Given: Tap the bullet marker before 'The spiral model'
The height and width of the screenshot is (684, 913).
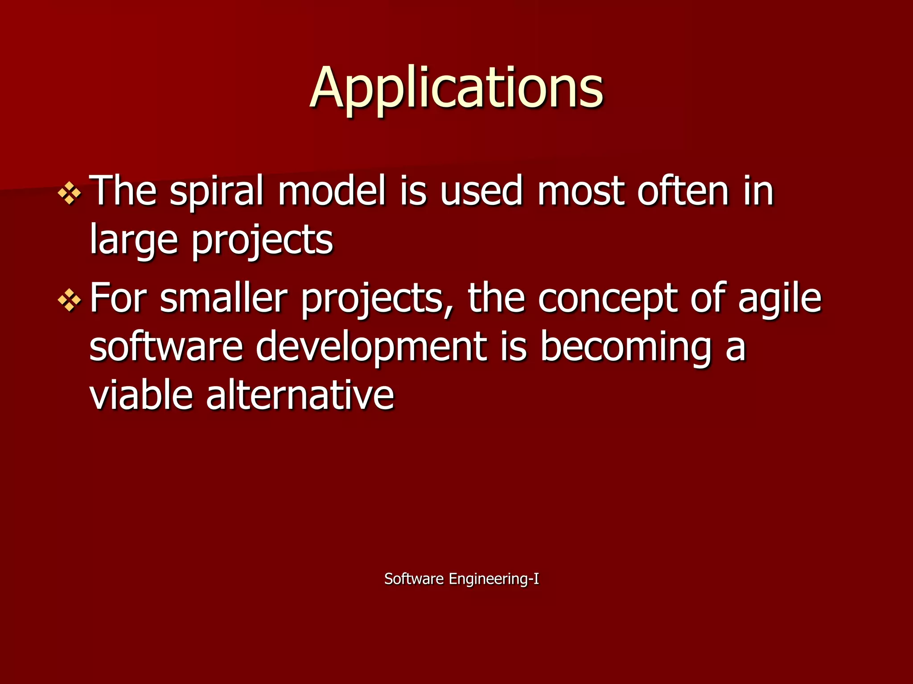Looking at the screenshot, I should (x=70, y=193).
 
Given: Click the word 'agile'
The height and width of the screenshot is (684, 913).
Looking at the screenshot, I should (x=779, y=298).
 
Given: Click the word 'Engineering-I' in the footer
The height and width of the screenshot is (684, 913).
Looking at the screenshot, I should (x=494, y=579).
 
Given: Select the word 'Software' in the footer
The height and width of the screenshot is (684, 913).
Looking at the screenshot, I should (x=414, y=579).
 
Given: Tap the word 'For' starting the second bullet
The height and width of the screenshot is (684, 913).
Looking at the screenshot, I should (x=118, y=298).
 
